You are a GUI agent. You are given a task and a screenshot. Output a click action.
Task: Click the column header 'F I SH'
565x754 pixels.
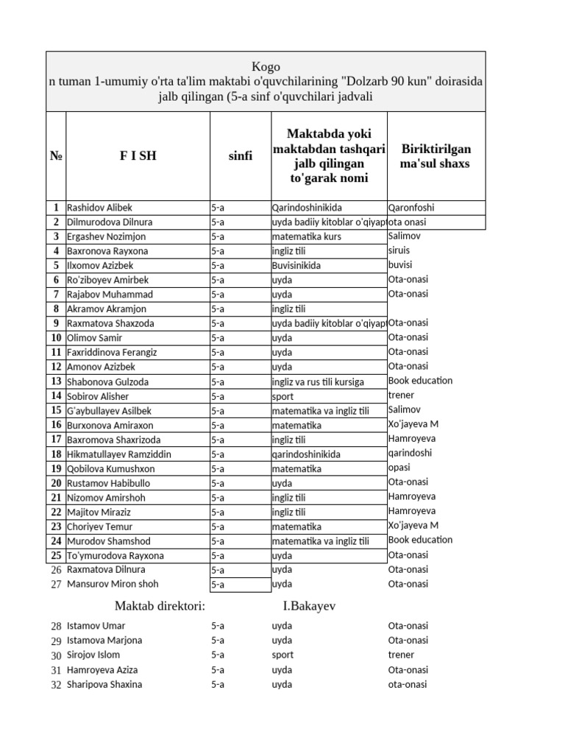[x=138, y=156]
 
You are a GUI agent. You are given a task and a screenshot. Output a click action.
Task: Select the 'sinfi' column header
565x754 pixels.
[x=241, y=156]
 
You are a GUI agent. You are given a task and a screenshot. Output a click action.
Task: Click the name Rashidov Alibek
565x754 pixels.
[x=100, y=208]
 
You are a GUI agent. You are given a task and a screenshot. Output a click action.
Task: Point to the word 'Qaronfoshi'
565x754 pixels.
[x=411, y=208]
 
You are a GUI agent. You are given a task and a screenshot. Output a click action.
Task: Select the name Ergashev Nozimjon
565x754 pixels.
[x=107, y=237]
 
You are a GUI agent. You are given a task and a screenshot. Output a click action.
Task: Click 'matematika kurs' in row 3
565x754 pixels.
[x=306, y=237]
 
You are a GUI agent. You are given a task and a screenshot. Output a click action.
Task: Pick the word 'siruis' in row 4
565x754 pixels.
[x=399, y=251]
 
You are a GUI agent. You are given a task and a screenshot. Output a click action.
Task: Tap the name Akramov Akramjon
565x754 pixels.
[x=107, y=309]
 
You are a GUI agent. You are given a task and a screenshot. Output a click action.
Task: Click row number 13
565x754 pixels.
[x=56, y=381]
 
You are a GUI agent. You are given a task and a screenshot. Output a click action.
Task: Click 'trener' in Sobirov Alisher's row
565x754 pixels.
[x=401, y=395]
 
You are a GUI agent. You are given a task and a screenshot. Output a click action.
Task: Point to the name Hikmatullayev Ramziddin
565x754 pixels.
[x=119, y=454]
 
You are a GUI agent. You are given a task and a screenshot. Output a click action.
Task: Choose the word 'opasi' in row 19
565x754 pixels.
[x=399, y=468]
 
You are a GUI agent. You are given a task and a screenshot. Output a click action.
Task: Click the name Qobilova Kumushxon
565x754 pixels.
[x=111, y=468]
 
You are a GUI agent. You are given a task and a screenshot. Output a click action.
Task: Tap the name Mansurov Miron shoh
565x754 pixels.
[x=112, y=584]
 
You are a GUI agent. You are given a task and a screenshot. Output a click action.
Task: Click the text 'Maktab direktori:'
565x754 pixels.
[x=160, y=606]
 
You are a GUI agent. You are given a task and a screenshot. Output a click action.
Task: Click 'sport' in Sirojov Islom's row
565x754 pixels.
[x=282, y=655]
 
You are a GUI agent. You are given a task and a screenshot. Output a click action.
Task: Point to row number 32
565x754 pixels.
[x=56, y=685]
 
